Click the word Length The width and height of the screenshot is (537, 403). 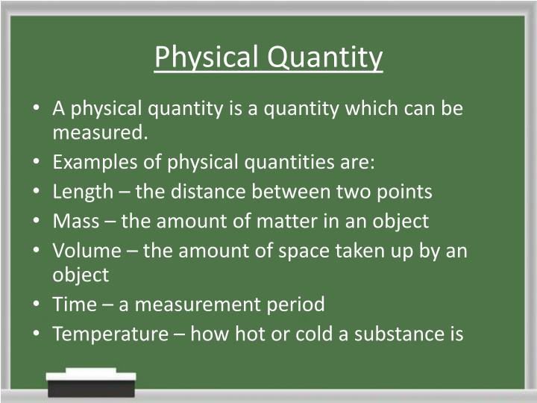81,192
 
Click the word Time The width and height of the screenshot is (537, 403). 75,304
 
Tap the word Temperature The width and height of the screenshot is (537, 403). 110,333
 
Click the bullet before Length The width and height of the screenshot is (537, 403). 37,192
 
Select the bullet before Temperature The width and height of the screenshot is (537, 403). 37,333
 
